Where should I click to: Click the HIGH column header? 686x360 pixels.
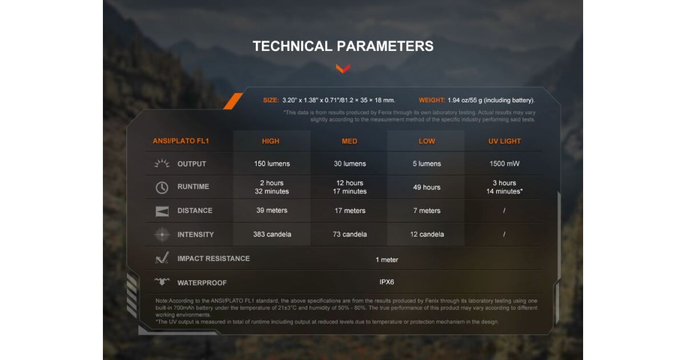click(x=270, y=141)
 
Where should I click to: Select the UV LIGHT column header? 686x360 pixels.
click(x=504, y=141)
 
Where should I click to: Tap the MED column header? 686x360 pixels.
click(x=349, y=141)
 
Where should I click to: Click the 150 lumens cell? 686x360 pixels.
click(x=272, y=164)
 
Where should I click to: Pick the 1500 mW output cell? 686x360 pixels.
click(x=504, y=164)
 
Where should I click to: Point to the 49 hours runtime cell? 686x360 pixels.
click(x=426, y=187)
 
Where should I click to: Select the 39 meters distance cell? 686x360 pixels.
click(x=272, y=210)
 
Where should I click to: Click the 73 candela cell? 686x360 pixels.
click(x=350, y=234)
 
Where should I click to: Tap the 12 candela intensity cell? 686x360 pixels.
click(x=427, y=234)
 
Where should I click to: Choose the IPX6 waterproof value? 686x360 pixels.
click(x=386, y=282)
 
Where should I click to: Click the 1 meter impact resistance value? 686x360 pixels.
click(x=387, y=259)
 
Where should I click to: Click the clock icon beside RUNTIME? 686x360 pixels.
click(x=162, y=187)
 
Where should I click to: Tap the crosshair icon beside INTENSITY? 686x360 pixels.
click(x=162, y=234)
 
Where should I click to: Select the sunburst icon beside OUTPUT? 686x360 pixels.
click(x=162, y=163)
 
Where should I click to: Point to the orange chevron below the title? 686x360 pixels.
click(x=342, y=69)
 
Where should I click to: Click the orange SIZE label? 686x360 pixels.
click(x=271, y=100)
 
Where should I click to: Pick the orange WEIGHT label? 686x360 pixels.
click(x=432, y=100)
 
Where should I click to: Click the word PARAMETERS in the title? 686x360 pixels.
click(x=385, y=46)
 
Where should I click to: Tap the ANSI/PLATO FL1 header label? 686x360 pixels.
click(x=181, y=141)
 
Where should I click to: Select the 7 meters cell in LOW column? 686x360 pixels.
click(x=426, y=211)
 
